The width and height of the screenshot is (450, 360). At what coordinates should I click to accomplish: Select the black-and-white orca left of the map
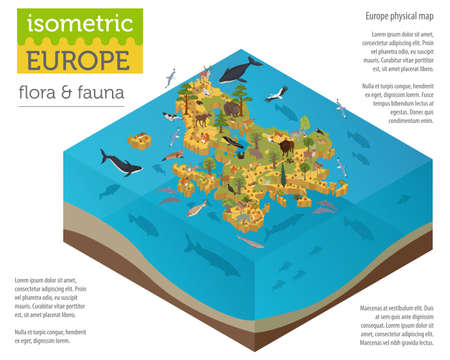pos(114,159)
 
